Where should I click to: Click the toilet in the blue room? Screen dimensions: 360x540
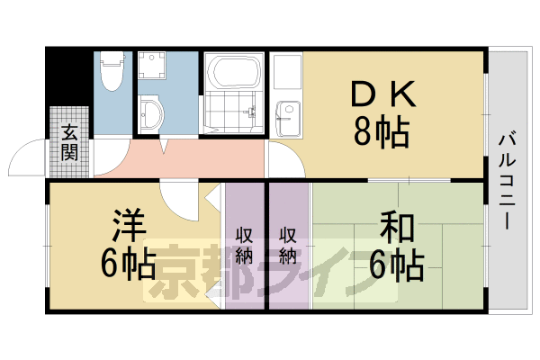point(112,73)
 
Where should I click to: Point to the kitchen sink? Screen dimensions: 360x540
point(286,112)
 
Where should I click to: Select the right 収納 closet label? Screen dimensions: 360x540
point(288,244)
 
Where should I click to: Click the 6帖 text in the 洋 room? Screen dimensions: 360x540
point(126,263)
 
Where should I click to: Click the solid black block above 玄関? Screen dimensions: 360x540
point(68,76)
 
